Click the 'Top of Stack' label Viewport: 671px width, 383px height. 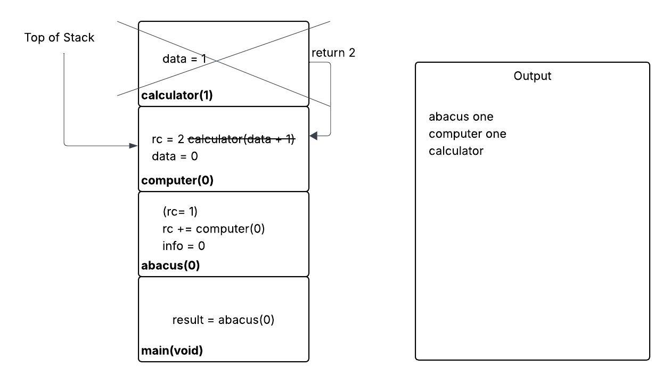(x=59, y=38)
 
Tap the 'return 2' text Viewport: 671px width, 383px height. (x=333, y=53)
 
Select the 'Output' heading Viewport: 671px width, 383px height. (x=532, y=76)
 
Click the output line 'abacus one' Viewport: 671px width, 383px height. (x=461, y=116)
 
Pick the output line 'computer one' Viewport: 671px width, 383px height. (x=467, y=134)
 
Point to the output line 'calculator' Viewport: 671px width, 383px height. (x=456, y=151)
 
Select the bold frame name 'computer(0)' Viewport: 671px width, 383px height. (x=177, y=180)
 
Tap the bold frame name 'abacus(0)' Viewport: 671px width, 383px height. (x=170, y=265)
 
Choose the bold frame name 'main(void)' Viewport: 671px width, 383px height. (x=171, y=351)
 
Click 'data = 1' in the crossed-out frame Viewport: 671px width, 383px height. (x=184, y=59)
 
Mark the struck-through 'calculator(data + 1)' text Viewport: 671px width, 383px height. (x=241, y=139)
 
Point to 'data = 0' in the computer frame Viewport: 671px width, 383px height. (x=175, y=156)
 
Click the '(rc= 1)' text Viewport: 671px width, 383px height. (x=180, y=212)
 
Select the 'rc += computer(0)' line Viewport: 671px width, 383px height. (x=214, y=229)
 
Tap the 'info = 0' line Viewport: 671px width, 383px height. (x=184, y=246)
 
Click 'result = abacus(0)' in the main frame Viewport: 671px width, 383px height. (x=223, y=320)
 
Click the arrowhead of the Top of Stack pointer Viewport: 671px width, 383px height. (x=134, y=145)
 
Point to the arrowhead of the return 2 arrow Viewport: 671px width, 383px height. (x=313, y=136)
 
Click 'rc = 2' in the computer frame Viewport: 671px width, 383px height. (x=168, y=139)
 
